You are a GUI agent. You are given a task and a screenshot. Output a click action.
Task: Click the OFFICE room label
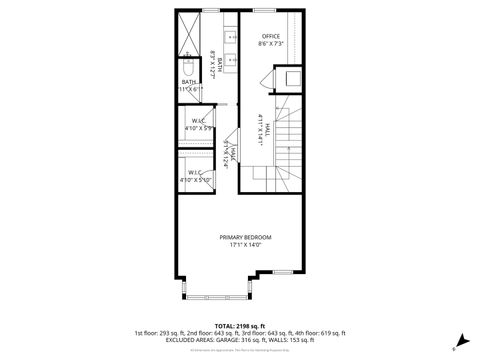[271, 36]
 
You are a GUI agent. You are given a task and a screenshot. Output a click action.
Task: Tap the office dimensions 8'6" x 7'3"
[271, 44]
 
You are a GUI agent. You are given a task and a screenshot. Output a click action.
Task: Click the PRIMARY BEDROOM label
[245, 236]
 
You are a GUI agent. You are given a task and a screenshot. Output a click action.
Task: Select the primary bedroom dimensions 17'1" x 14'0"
[245, 244]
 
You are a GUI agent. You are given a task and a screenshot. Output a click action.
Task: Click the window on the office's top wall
[266, 10]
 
